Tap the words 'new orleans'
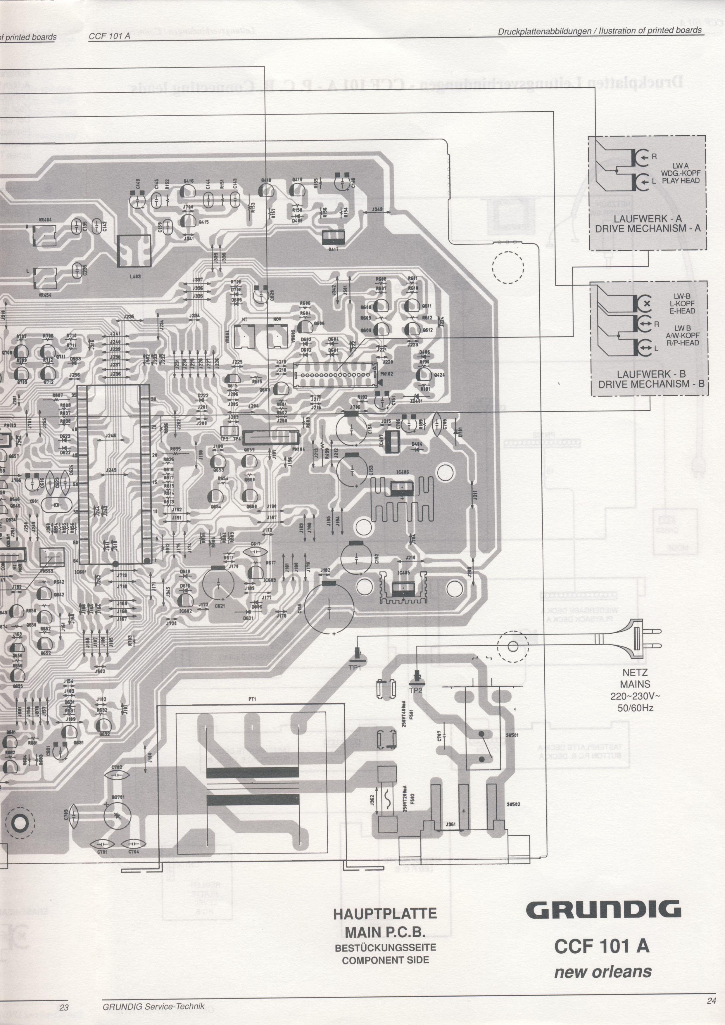(x=603, y=972)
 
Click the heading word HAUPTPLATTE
(x=385, y=913)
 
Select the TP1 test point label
(x=355, y=668)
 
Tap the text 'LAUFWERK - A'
(x=647, y=219)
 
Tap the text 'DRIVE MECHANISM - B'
(x=651, y=384)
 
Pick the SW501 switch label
(x=512, y=735)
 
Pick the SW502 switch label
(x=513, y=804)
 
